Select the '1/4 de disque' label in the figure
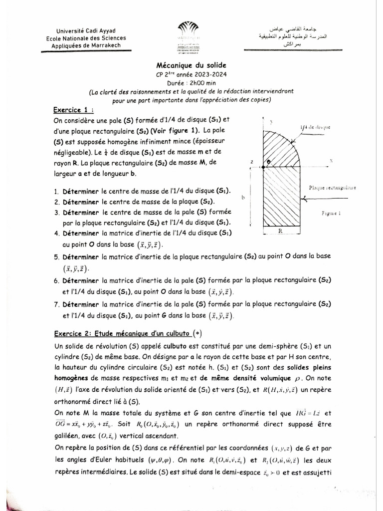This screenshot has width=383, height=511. [x=316, y=127]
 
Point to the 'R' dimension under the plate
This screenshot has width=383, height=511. [x=281, y=232]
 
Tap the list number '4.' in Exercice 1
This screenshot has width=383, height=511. [x=56, y=233]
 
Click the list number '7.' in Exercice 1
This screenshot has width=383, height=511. [x=56, y=303]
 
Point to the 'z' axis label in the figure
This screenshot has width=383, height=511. [x=253, y=163]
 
